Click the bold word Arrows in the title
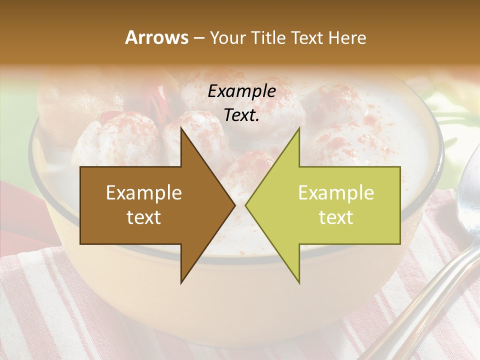[156, 38]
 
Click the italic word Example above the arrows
[242, 91]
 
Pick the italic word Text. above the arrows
[242, 115]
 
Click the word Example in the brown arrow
[144, 193]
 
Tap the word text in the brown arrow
[144, 217]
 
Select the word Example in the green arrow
[336, 193]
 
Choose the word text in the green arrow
[336, 217]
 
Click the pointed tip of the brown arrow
[235, 205]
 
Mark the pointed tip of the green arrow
[245, 205]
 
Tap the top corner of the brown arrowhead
[181, 128]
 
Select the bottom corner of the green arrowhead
[299, 283]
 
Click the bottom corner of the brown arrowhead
[181, 283]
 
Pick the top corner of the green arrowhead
[299, 128]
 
